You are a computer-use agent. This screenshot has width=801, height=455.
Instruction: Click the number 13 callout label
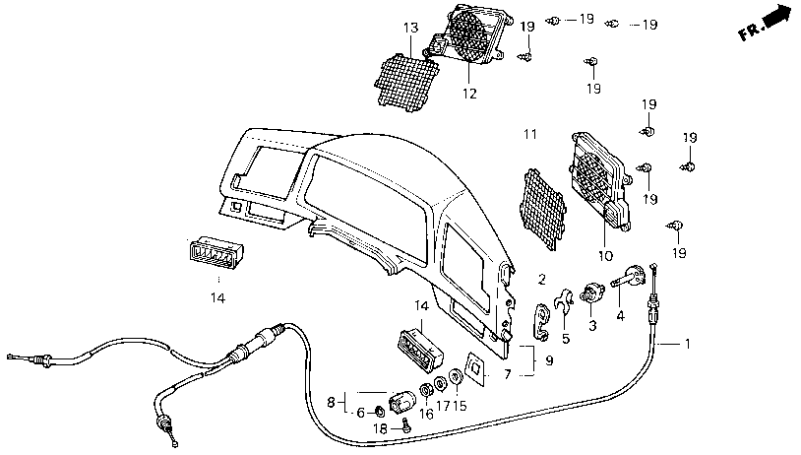tap(410, 28)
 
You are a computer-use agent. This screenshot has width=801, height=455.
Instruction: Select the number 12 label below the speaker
tap(469, 94)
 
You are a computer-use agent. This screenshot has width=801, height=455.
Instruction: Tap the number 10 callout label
tap(605, 256)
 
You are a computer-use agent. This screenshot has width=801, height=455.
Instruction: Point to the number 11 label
tap(530, 134)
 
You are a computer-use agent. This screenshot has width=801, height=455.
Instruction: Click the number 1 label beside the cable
tap(688, 344)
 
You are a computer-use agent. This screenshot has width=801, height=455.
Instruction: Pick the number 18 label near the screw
tap(381, 429)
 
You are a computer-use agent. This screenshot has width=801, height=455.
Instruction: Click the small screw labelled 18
tap(406, 425)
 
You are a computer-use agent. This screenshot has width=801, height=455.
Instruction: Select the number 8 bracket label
tap(331, 403)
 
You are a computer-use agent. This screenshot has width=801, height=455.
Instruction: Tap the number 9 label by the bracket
tap(549, 360)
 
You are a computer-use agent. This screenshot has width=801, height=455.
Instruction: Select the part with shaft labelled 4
tap(629, 277)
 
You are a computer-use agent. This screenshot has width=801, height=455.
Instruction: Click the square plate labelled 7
tap(475, 369)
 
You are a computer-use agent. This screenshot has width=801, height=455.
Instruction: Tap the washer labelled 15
tap(456, 378)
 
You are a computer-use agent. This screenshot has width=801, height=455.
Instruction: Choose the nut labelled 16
tap(426, 391)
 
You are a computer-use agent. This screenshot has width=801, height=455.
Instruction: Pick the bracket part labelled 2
tap(541, 322)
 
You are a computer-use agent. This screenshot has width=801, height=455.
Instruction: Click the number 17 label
tap(443, 406)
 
